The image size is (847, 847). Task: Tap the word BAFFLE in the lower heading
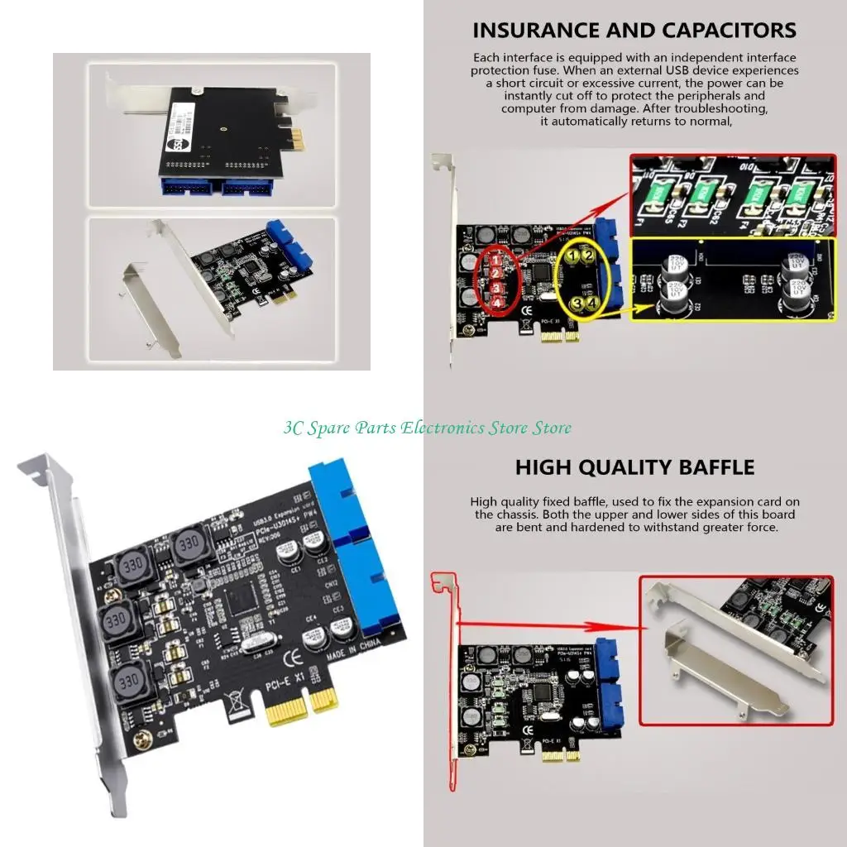coord(707,467)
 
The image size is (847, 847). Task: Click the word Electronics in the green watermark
coord(446,428)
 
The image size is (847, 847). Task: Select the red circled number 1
coord(495,258)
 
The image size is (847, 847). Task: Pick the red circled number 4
coord(496,303)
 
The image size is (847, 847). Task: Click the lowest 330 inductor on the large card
coord(127,681)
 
